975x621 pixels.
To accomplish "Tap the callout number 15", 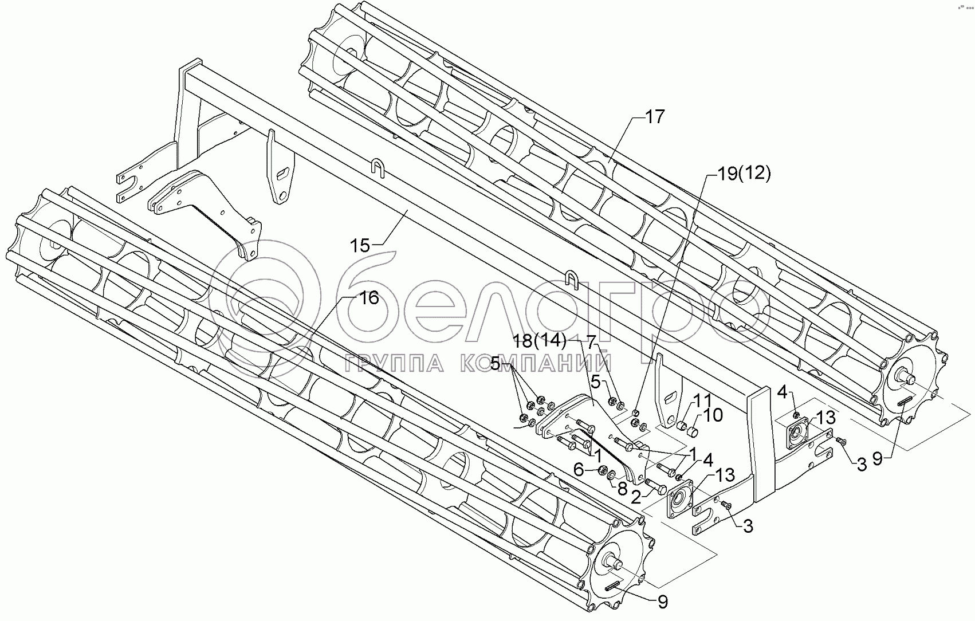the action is pos(360,246).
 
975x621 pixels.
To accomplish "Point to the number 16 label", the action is pos(368,298).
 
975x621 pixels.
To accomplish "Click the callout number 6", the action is pos(579,469).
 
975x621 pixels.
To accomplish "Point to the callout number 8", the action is pos(622,490).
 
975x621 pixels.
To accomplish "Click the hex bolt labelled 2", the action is pos(656,485).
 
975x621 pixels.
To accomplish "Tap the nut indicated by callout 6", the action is pos(603,471).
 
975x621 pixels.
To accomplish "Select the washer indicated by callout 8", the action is pos(612,475).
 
